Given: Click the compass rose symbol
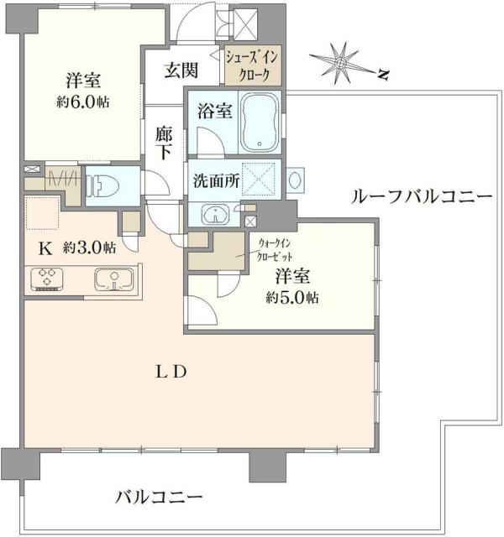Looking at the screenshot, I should (x=340, y=61).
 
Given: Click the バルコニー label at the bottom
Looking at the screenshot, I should (x=159, y=497).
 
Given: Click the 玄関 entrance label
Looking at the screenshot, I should (x=179, y=70).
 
